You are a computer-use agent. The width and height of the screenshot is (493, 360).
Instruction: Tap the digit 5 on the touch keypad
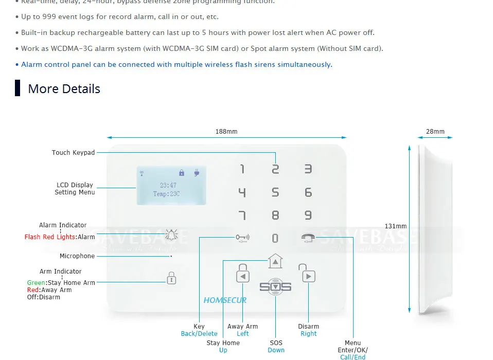point(275,192)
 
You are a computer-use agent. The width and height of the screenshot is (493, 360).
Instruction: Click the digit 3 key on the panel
point(308,169)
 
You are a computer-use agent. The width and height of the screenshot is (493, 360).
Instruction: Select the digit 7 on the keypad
point(242,215)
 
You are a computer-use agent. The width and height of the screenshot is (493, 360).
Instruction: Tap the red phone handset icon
point(308,238)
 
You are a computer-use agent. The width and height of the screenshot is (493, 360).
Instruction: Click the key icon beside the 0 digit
point(242,238)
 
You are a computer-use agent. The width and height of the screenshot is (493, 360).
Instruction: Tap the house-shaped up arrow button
point(276,261)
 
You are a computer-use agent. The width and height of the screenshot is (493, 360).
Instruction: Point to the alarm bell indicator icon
point(171,236)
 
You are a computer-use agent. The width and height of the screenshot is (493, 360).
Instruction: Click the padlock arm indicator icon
point(171,278)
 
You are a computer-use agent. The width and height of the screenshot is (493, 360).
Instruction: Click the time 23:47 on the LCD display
point(168,185)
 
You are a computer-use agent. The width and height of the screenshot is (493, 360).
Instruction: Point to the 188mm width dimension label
point(226,132)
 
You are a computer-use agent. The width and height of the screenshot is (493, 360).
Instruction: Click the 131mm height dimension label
point(395,226)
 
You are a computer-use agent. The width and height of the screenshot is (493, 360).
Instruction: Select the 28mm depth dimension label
point(435,132)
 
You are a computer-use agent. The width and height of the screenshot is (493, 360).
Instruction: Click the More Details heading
point(64,89)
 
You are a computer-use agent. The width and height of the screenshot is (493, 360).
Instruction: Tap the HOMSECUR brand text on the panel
point(225,300)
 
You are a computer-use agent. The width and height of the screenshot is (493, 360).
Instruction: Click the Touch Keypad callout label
point(73,153)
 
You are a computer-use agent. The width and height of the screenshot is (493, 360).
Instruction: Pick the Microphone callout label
point(77,256)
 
